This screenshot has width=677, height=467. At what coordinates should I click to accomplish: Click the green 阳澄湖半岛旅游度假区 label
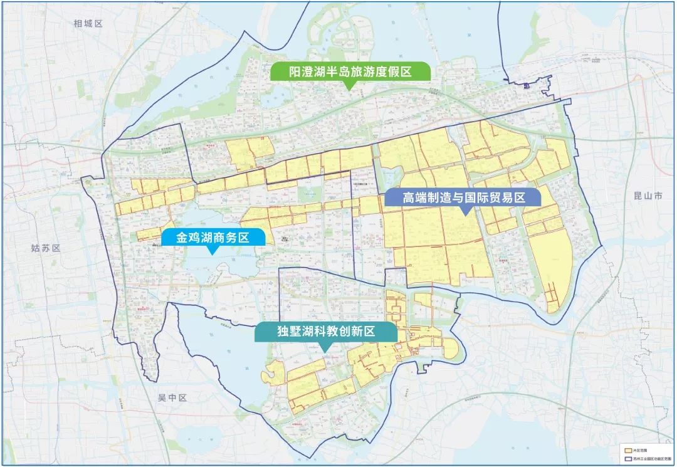(x=350, y=72)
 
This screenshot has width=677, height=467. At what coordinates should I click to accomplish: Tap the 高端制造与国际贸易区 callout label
(x=463, y=198)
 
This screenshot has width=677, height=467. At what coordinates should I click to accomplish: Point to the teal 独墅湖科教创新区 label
(x=326, y=332)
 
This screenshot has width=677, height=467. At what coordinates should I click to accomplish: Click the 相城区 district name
(x=87, y=24)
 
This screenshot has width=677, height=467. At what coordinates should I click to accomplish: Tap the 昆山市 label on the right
(x=648, y=196)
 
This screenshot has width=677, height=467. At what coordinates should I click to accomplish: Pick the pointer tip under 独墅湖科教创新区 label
(x=326, y=349)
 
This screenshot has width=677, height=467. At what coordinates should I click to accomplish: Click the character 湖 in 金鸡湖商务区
(x=202, y=237)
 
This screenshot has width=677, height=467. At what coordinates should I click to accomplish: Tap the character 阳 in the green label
(x=295, y=72)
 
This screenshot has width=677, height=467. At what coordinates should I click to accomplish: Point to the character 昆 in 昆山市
(x=638, y=196)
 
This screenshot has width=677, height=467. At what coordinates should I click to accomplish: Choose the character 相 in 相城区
(x=78, y=24)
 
